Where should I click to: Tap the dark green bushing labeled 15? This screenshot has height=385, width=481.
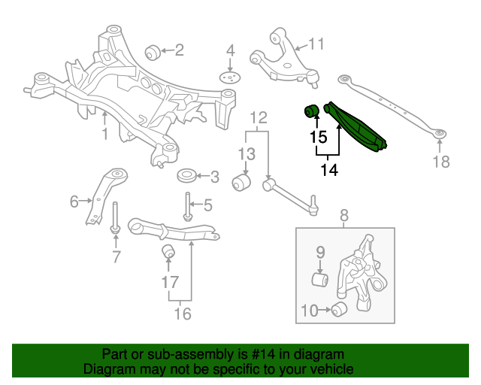point(312,111)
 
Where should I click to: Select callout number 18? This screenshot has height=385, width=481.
point(441,162)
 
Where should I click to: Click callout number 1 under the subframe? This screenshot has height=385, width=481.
point(105,134)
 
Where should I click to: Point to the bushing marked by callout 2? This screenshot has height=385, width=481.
point(153,53)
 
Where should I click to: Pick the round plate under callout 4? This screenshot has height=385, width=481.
point(230,77)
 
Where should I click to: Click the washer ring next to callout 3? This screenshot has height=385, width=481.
point(186,176)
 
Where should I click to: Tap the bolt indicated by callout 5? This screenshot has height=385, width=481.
point(188,206)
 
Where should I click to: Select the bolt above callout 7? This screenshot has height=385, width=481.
point(115,218)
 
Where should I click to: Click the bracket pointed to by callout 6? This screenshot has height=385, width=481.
point(101,196)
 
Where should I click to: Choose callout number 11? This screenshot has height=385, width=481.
point(316,44)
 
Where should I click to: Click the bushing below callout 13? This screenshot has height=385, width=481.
point(241,183)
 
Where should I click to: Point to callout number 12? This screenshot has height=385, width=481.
point(259,117)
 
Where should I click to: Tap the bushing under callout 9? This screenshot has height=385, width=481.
point(320,279)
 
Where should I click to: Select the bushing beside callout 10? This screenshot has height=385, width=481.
point(339,309)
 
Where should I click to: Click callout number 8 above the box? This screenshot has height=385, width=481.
point(344,215)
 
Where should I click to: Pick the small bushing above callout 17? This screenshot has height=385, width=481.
point(168,252)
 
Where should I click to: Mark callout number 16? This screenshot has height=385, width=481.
point(183,314)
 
